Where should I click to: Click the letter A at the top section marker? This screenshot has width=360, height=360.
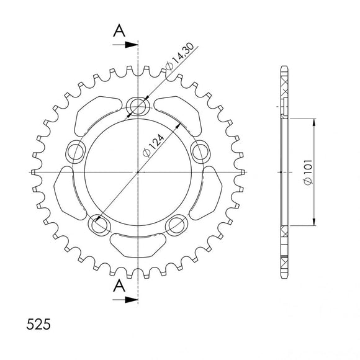(118, 31)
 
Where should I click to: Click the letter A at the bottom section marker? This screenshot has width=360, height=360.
(118, 286)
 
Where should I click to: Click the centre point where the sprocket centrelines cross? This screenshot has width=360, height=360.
(137, 171)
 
